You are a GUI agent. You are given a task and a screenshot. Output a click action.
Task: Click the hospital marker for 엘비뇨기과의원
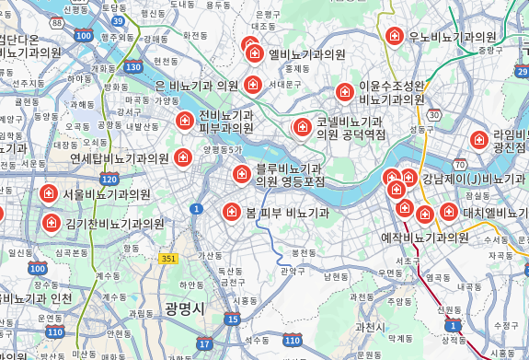coord(255,53)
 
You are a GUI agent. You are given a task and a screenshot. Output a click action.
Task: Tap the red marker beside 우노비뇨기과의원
coord(395,36)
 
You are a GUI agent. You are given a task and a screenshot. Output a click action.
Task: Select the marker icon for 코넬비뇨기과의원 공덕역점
coord(301,127)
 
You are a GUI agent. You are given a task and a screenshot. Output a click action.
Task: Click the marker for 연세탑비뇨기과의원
coord(183,157)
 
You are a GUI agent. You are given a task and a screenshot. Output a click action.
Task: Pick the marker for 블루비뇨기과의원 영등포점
coord(242,173)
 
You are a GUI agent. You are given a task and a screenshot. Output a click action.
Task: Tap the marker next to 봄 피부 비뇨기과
coord(232,212)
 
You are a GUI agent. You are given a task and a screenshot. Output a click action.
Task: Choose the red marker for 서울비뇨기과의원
coord(49,193)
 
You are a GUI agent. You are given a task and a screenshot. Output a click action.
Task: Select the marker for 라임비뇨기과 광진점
coord(478,140)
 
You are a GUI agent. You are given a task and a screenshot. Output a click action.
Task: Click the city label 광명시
coord(184,307)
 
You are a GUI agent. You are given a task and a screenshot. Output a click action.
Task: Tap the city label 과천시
coord(370,327)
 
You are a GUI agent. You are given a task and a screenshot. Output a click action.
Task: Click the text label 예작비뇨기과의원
coord(425,238)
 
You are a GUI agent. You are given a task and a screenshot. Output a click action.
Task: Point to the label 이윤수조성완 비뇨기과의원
coord(392,92)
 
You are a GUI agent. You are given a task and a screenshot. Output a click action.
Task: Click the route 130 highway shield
coord(134,67)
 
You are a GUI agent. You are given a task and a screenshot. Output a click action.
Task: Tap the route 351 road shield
coord(167,260)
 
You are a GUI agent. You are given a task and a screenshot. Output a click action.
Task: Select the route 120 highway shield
coord(110,180)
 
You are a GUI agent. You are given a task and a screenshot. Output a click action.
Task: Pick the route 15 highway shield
coord(232,319)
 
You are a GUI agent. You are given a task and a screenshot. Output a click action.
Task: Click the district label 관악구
coord(293,271)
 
